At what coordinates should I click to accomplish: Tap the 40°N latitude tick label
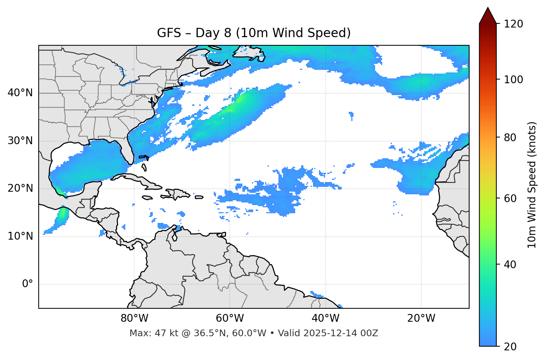coord(20,93)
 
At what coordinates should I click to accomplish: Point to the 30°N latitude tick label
coord(20,141)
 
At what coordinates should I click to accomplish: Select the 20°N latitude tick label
coord(20,188)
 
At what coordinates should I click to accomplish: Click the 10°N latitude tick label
coord(20,236)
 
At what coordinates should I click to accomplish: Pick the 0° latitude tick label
coord(28,284)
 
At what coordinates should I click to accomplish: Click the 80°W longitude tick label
coord(134,318)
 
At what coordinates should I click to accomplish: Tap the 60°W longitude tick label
coord(230,318)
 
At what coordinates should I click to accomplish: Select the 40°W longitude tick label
coord(325,318)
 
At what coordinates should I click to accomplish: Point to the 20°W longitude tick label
coord(421,318)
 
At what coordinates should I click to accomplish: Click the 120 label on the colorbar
coord(513,24)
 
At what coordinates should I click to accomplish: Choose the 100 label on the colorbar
coord(513,80)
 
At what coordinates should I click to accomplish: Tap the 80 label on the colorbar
coord(510,137)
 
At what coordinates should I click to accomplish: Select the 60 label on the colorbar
coord(510,198)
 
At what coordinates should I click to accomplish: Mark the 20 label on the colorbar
coord(510,347)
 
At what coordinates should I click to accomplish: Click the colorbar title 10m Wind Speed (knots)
coord(532,185)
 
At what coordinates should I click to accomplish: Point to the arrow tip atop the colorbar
coord(488,8)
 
